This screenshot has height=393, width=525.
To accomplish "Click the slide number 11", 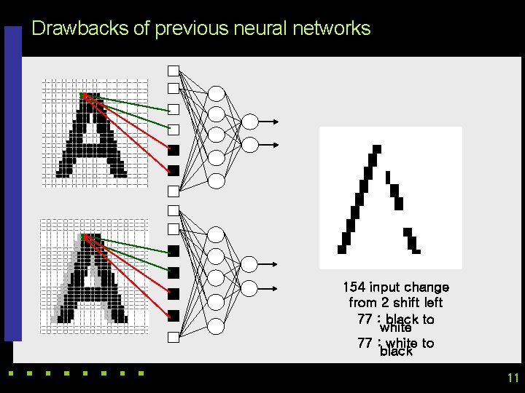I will [x=512, y=378].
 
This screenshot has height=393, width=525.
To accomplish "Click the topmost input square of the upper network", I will [x=174, y=71].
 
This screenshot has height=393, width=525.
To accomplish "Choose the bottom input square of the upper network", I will [x=174, y=192].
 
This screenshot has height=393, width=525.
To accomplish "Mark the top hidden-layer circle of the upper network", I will [x=217, y=93].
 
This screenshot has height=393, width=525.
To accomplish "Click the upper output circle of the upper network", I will [x=249, y=122].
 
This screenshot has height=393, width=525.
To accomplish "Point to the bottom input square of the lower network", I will [x=174, y=337].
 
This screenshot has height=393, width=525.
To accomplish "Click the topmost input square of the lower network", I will [x=174, y=210].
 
